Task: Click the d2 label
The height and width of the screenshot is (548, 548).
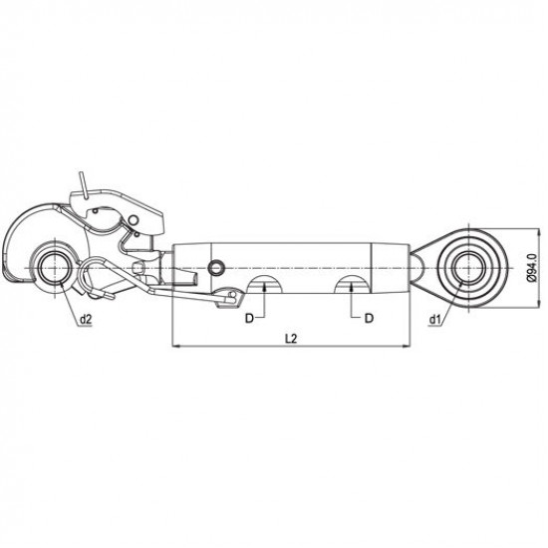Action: (x=86, y=319)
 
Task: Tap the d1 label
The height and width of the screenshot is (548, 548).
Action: (x=434, y=319)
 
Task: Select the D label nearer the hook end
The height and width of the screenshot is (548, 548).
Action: (x=249, y=319)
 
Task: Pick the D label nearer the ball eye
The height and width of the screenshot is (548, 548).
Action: (x=369, y=318)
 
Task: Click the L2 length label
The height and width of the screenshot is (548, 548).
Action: (x=291, y=339)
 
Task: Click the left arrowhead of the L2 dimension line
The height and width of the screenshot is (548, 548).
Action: (x=175, y=347)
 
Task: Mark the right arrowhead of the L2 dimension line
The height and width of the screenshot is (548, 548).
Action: (x=407, y=347)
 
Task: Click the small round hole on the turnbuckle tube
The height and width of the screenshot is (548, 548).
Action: (x=216, y=268)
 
